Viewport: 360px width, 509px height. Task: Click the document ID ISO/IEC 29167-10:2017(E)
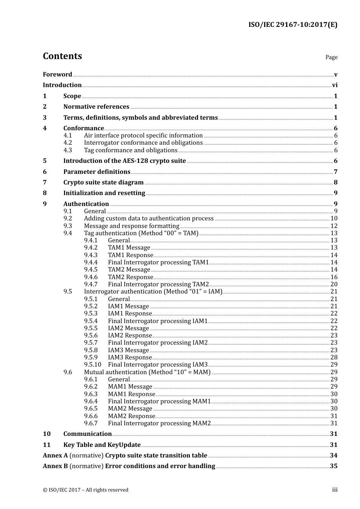(x=293, y=25)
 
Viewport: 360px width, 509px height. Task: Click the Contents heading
(x=62, y=56)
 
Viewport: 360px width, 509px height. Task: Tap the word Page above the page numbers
(x=331, y=57)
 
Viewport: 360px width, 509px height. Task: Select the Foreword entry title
(x=57, y=75)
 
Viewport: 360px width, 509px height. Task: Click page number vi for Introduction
(x=335, y=85)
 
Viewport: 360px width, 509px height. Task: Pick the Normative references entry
(x=96, y=107)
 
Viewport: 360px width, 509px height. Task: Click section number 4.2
(x=68, y=143)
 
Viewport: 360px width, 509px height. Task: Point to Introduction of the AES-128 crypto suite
(x=124, y=161)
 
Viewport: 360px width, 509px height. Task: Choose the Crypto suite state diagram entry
(x=103, y=183)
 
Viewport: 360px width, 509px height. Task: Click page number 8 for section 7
(x=335, y=183)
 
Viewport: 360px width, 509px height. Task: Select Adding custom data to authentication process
(x=149, y=219)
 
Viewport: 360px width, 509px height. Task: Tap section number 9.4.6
(x=91, y=277)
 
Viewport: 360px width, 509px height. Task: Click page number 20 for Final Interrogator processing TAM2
(x=334, y=284)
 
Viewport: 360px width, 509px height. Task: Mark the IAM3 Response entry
(x=130, y=358)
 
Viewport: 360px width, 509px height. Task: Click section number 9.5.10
(x=93, y=365)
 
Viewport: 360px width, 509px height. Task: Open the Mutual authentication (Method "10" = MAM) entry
(x=147, y=372)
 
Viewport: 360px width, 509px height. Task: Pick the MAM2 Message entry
(x=130, y=409)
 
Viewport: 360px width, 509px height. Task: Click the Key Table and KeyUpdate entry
(x=102, y=445)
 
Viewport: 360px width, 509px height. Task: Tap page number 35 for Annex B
(x=333, y=466)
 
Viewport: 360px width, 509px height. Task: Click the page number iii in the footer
(x=335, y=490)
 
